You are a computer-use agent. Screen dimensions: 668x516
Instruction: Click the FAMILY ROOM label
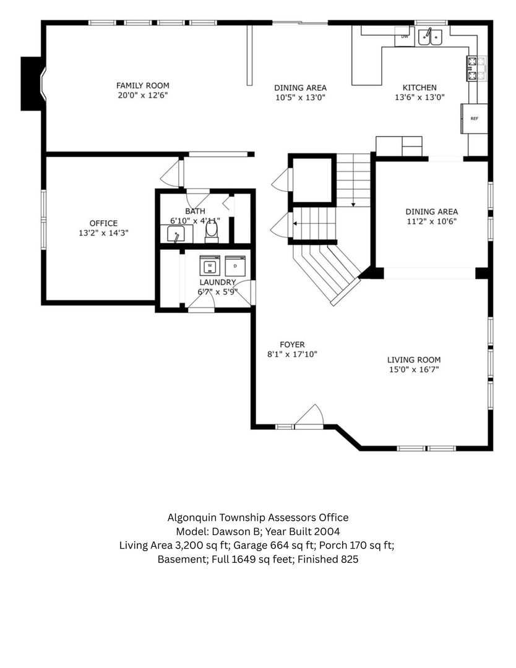(142, 85)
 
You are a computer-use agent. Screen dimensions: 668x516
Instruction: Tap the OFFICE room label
(103, 223)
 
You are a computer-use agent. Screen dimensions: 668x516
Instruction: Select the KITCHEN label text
(419, 88)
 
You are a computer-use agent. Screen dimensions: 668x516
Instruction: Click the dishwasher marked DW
(405, 36)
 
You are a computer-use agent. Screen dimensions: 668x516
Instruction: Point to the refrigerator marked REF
(474, 118)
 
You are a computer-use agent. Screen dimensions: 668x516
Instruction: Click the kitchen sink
(431, 37)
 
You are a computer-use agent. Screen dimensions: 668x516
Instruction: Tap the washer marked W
(210, 266)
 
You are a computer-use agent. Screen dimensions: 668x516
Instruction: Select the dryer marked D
(235, 266)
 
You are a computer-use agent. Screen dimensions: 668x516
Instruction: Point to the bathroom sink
(176, 234)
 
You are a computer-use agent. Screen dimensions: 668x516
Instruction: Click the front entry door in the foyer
(309, 417)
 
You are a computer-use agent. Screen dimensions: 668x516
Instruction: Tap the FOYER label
(292, 345)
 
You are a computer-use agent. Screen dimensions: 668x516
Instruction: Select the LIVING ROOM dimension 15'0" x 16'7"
(413, 369)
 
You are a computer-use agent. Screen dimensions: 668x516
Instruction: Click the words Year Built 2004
(303, 531)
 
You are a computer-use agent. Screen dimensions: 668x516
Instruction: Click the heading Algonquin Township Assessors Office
(257, 517)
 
